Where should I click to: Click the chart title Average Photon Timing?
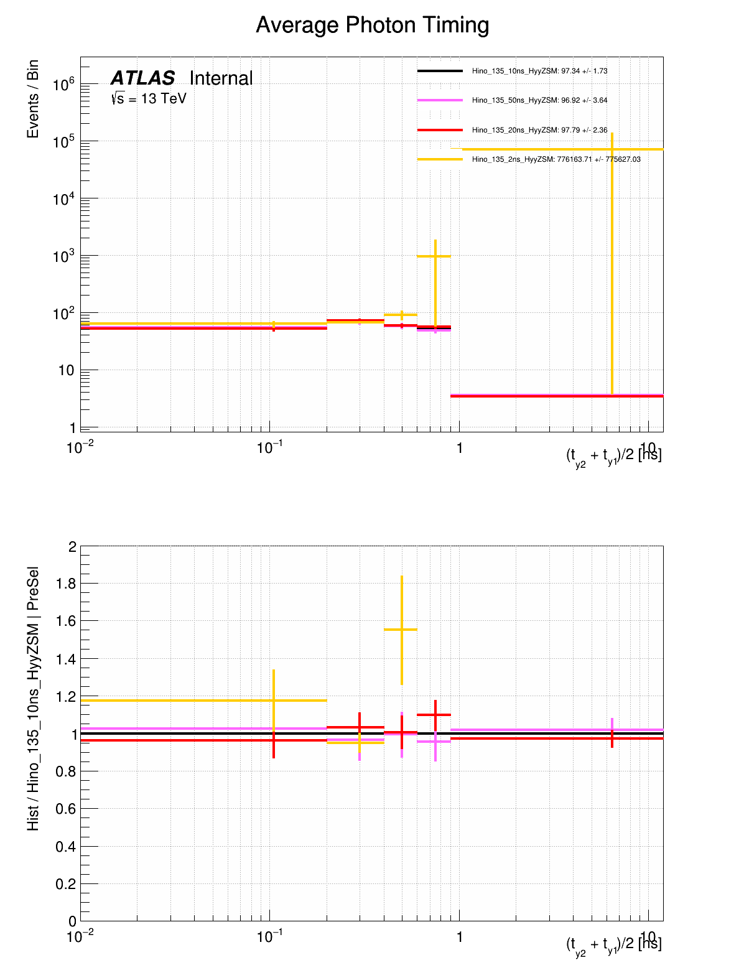(x=372, y=26)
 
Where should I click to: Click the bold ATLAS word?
(x=143, y=78)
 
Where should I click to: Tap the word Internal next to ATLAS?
(x=221, y=78)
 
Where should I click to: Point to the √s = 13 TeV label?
(x=149, y=98)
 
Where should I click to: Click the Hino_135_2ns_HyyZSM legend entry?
(x=556, y=159)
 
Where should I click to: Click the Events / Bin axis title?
(x=33, y=99)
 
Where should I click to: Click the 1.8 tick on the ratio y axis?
(x=66, y=584)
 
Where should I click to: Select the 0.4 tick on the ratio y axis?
(x=66, y=847)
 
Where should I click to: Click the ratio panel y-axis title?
(x=33, y=699)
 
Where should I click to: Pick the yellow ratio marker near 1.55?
(x=402, y=630)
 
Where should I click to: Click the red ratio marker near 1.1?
(x=435, y=715)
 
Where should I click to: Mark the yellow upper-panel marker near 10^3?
(x=435, y=256)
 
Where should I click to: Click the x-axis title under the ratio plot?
(x=613, y=945)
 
